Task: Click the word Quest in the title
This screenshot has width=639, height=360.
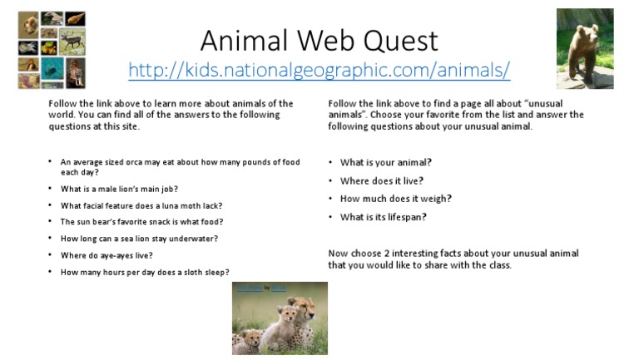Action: point(394,40)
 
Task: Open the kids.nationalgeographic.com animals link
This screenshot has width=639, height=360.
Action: point(319,69)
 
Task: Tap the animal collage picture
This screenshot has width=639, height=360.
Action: point(52,50)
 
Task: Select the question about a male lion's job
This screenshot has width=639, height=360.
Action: point(119,189)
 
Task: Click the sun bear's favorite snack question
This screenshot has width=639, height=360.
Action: point(141,222)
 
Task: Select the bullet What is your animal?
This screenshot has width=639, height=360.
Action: point(385,162)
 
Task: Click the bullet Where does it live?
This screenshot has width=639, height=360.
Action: point(382,180)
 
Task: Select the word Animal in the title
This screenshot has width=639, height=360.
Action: point(239,40)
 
